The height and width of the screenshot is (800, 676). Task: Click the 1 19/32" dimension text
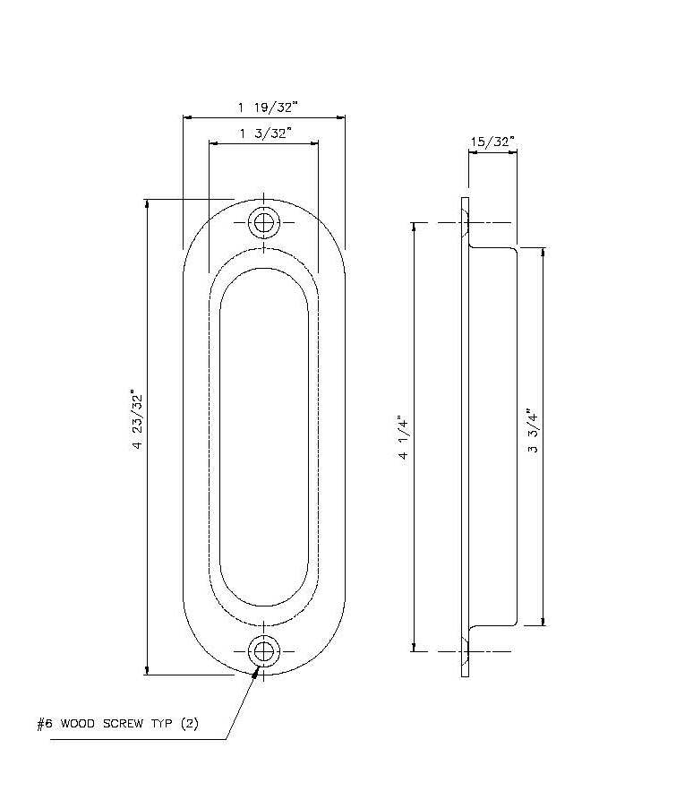pyautogui.click(x=268, y=108)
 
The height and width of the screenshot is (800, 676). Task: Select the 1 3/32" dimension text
pyautogui.click(x=266, y=133)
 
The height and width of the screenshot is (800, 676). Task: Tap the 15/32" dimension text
pyautogui.click(x=492, y=142)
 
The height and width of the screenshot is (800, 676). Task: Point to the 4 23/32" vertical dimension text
pyautogui.click(x=137, y=419)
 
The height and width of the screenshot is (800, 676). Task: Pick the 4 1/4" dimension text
pyautogui.click(x=403, y=437)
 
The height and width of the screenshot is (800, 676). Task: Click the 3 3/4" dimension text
pyautogui.click(x=532, y=430)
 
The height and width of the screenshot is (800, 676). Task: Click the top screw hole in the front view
pyautogui.click(x=263, y=223)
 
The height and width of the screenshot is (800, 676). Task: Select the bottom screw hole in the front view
pyautogui.click(x=263, y=652)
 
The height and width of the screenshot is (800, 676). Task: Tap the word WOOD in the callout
pyautogui.click(x=77, y=724)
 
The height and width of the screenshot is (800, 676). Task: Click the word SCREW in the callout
pyautogui.click(x=123, y=724)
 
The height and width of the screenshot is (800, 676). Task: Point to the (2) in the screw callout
pyautogui.click(x=190, y=724)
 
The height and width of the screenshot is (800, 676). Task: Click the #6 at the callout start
pyautogui.click(x=45, y=724)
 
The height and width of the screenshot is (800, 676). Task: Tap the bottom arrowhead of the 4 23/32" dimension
pyautogui.click(x=147, y=670)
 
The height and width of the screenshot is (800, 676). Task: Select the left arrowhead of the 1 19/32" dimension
pyautogui.click(x=188, y=118)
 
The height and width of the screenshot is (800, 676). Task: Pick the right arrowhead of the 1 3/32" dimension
pyautogui.click(x=313, y=144)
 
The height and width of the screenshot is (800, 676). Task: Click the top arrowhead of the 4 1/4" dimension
pyautogui.click(x=414, y=228)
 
